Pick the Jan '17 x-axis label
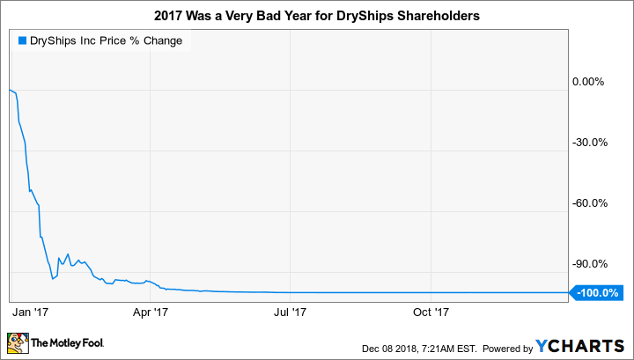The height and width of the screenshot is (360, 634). [x=32, y=311]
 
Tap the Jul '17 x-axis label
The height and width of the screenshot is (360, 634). [x=291, y=311]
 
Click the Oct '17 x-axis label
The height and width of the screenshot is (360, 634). [x=431, y=311]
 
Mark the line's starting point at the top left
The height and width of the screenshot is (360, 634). [x=9, y=90]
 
